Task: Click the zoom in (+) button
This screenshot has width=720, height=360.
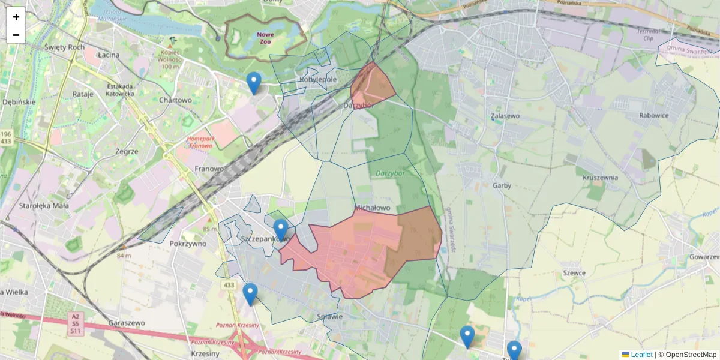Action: coord(16,17)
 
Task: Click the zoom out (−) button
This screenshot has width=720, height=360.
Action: coord(16,35)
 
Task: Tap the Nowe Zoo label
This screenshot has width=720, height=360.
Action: coord(265,38)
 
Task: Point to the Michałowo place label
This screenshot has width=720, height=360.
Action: coord(373,208)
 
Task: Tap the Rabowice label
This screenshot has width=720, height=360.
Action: coord(654,115)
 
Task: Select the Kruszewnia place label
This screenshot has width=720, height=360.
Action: coord(601,178)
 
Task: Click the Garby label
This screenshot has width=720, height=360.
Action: coord(502,185)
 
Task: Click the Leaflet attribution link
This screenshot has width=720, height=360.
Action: coord(641,355)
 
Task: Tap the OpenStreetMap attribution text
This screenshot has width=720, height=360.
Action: coord(691,355)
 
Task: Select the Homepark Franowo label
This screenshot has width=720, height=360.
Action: coord(200,142)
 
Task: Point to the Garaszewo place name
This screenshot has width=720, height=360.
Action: coord(127,322)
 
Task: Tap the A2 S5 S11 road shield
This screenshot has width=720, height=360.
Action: coord(75,323)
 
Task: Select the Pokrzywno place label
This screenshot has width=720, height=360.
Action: coord(188,244)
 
